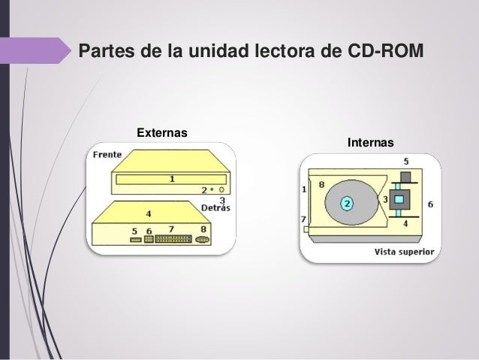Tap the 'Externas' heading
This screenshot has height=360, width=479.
[161, 134]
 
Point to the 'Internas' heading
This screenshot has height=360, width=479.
[370, 143]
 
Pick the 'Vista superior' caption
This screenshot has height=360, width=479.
[403, 253]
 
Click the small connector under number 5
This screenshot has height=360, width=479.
[134, 241]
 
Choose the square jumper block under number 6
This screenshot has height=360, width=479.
[149, 241]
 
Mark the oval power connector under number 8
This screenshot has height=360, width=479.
[202, 241]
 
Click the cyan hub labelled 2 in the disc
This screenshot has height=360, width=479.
[346, 203]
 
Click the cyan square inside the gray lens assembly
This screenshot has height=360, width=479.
[399, 199]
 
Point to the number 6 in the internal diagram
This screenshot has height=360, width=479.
[429, 204]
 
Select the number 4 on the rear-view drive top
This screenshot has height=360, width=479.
[148, 213]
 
